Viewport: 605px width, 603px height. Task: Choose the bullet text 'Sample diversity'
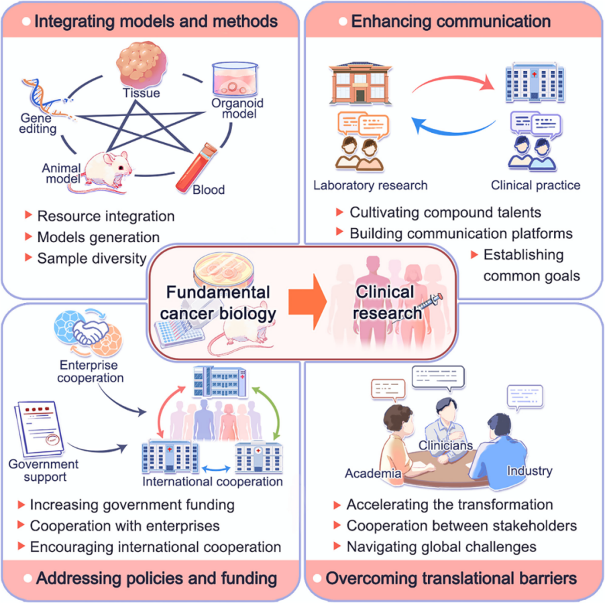coord(91,258)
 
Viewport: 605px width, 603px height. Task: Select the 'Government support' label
coord(44,470)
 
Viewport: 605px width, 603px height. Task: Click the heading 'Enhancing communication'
coord(451,21)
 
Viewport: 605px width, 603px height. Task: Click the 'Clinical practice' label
coord(535,185)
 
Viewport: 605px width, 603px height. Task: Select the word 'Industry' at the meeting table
coord(529,471)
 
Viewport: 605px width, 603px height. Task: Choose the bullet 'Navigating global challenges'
coord(441,546)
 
